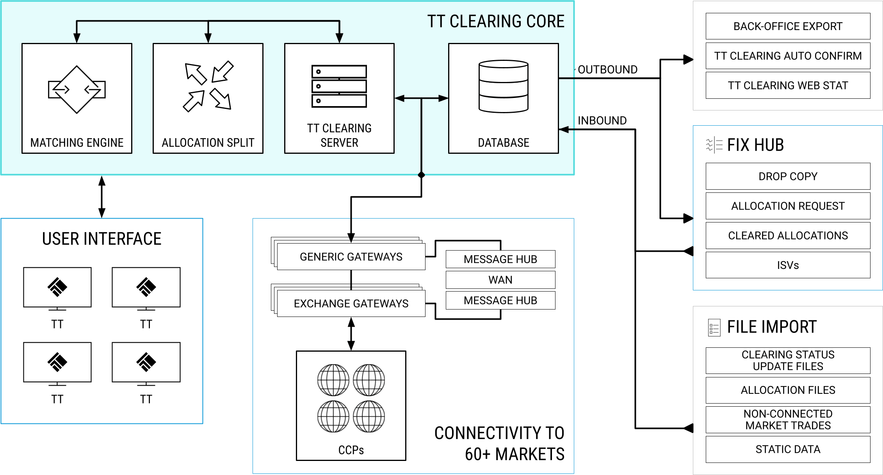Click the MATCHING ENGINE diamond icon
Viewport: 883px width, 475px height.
[x=77, y=89]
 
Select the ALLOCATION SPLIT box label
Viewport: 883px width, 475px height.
[x=208, y=142]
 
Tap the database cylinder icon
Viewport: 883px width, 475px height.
[x=504, y=86]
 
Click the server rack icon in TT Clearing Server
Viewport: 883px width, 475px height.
[x=339, y=86]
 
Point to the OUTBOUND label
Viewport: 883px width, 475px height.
[x=607, y=69]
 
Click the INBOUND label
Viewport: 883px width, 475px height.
[x=602, y=121]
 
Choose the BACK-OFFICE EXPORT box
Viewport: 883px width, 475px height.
[x=788, y=26]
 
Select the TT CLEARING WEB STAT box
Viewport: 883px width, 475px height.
[x=788, y=85]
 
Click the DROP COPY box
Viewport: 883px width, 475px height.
[x=788, y=176]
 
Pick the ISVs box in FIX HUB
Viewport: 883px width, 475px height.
[x=788, y=265]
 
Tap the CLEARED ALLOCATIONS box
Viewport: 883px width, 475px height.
[x=788, y=236]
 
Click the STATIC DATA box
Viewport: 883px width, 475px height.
[x=788, y=450]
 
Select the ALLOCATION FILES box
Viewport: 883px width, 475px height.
[x=788, y=390]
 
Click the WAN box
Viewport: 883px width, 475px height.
[x=500, y=280]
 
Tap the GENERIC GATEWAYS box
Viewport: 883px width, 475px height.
[x=351, y=257]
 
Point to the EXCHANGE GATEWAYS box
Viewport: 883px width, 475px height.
[x=351, y=304]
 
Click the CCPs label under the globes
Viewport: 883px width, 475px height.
[x=351, y=450]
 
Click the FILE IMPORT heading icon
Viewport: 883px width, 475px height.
[x=714, y=328]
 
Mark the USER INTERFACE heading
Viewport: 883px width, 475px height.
[x=101, y=239]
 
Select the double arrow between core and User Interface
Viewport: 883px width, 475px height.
[x=102, y=197]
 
